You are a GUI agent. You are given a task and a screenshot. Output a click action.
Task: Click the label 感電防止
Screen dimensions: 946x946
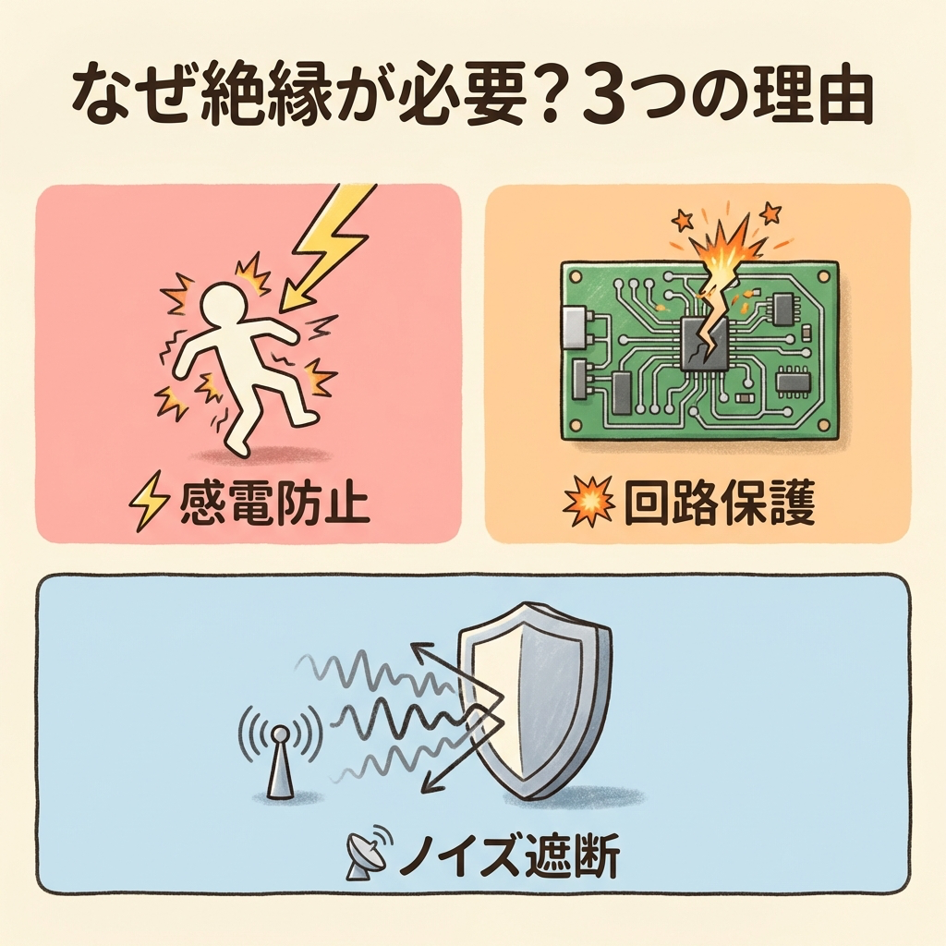coord(273,503)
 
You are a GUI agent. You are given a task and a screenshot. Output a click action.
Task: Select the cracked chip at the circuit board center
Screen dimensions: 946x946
coord(704,345)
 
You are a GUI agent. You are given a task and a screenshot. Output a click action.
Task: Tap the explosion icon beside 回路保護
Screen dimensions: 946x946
coord(588,502)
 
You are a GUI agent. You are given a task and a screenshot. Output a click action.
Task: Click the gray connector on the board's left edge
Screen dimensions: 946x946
coord(575,328)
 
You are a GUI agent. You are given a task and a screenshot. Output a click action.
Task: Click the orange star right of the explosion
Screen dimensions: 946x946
coord(770,212)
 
